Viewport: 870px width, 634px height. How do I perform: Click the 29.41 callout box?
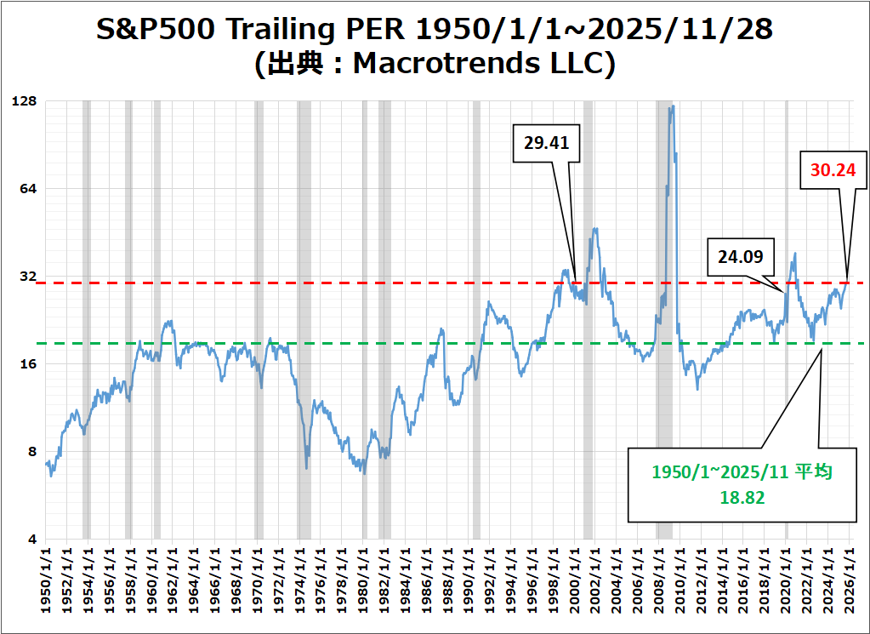547,142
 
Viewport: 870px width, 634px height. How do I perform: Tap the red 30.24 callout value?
833,169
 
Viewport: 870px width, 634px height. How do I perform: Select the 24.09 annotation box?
741,255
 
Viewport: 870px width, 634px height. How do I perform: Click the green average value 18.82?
742,498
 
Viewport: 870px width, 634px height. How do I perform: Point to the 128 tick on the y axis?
26,101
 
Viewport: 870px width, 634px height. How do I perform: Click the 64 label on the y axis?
29,189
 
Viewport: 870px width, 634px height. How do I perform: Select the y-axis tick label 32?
29,277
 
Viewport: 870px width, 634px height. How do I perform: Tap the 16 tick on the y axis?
29,364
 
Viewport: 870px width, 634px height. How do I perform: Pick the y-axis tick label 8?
33,452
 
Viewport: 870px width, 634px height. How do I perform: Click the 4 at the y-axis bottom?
33,540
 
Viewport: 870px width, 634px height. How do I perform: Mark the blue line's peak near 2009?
672,107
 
